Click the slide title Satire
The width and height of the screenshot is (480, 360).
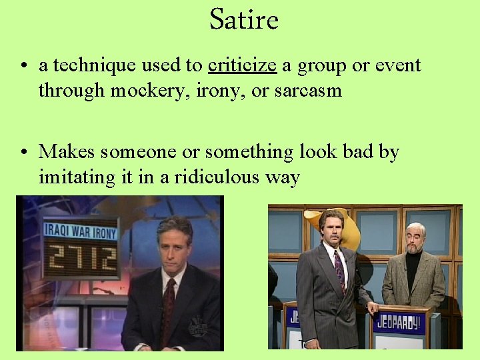point(243,20)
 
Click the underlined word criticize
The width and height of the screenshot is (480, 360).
point(242,65)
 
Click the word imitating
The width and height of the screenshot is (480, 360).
point(71,178)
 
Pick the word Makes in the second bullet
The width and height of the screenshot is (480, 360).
point(67,152)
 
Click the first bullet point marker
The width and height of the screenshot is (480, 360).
point(23,66)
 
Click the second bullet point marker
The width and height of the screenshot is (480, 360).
point(23,153)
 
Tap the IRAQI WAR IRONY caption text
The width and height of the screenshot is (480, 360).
point(81,231)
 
